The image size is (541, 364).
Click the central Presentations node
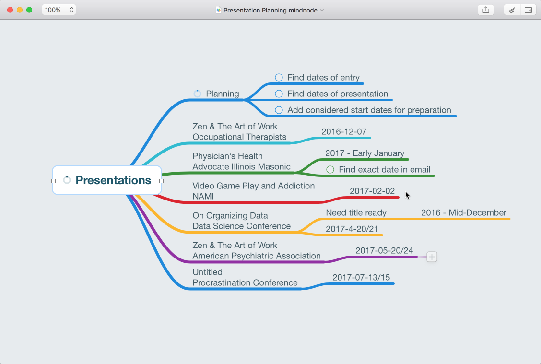coord(113,180)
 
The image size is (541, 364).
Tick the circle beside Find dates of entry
coord(279,77)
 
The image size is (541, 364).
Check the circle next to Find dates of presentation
coord(279,94)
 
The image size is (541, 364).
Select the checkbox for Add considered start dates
coord(279,110)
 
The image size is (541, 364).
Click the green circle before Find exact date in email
coord(330,169)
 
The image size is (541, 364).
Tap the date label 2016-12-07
coord(344,131)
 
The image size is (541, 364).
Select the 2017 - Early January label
coord(365,153)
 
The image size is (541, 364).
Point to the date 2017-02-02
coord(372,191)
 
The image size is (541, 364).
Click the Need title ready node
coord(356,212)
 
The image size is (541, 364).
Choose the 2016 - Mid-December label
coord(463,212)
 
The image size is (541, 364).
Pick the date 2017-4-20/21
coord(352,229)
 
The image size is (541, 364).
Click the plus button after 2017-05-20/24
coord(432,257)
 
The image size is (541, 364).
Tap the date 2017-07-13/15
coord(361,277)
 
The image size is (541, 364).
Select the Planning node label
coord(223,94)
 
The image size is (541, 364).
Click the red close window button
coord(10,10)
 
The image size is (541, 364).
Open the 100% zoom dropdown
coord(59,10)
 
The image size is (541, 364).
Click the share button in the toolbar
coord(486,10)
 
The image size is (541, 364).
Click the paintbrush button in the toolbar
coord(512,10)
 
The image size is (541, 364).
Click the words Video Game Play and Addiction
coord(253,186)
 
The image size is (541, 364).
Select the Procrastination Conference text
coord(245,282)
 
